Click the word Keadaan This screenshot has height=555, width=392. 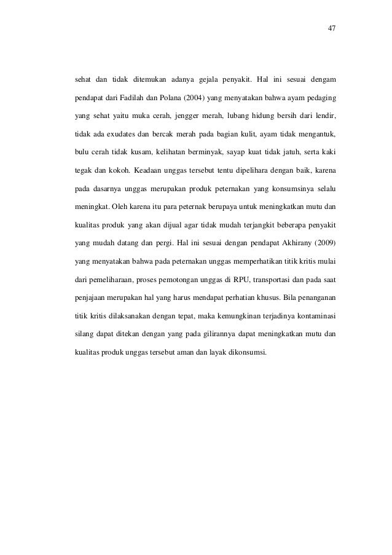tap(150, 168)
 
